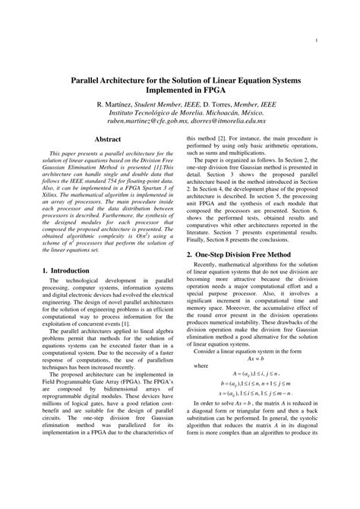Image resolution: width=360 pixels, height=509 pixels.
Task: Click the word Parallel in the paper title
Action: [x=91, y=78]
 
